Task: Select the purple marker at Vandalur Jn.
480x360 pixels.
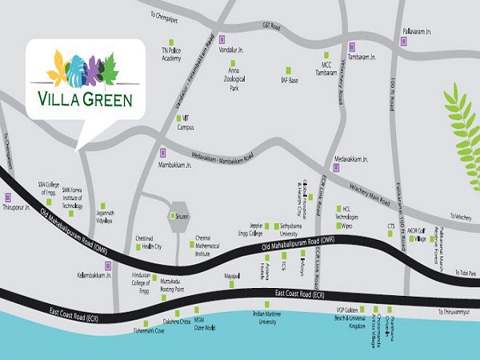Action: [x=222, y=39]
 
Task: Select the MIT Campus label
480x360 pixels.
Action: [x=185, y=124]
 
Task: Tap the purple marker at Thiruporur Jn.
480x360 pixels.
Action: [x=8, y=197]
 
